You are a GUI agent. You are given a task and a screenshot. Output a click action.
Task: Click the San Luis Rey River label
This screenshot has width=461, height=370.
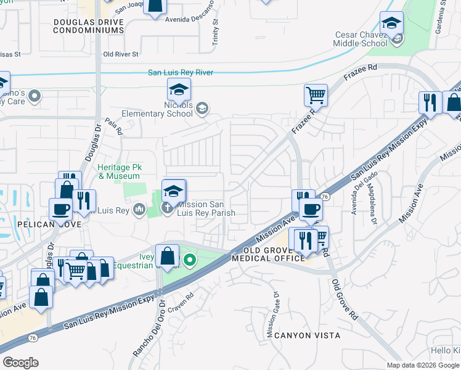click(x=181, y=73)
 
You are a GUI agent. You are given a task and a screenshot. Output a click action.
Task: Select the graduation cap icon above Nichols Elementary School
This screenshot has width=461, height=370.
click(x=179, y=91)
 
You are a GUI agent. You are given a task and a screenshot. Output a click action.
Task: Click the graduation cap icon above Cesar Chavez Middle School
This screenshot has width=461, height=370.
click(x=391, y=24)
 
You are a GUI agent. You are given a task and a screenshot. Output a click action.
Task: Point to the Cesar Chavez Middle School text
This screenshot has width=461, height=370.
click(x=361, y=39)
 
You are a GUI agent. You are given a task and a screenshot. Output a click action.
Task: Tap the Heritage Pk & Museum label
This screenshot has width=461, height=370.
click(x=119, y=171)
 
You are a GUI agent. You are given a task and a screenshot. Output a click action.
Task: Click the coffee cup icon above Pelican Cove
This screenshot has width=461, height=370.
click(x=61, y=208)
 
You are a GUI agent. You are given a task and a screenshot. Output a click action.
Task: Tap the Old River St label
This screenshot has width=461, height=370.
click(x=121, y=54)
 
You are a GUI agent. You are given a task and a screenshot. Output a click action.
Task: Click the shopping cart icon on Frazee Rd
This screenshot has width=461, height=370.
click(x=315, y=95)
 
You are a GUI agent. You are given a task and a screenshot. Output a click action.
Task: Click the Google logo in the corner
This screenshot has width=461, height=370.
click(x=20, y=363)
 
